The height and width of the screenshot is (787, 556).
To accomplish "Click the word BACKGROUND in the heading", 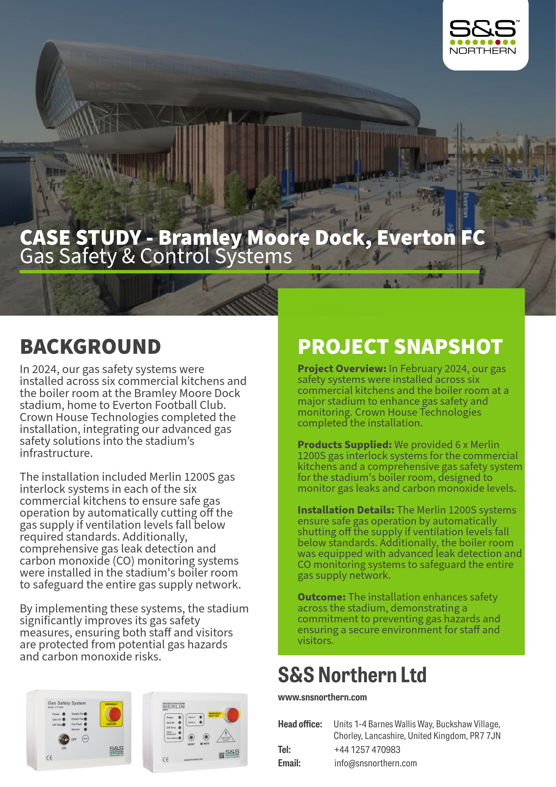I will tap(90, 347).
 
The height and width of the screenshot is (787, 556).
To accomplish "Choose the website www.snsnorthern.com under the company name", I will tap(322, 697).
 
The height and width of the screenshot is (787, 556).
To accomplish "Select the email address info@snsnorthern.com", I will tap(376, 763).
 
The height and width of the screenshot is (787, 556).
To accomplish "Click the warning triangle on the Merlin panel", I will tap(226, 734).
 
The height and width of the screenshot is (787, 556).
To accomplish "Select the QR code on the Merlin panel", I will tap(221, 755).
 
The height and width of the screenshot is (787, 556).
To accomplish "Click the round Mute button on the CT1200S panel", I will tap(85, 739).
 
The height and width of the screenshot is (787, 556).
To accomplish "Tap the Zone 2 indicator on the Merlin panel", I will tap(201, 722).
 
